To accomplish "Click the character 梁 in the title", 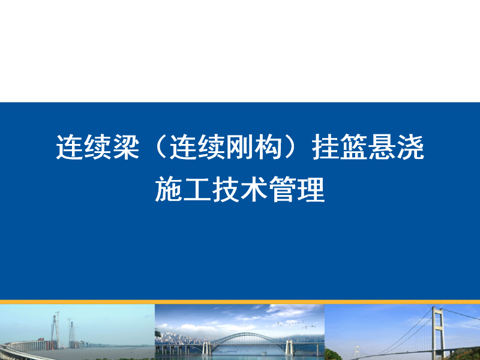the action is click(x=127, y=147).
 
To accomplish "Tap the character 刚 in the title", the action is click(x=240, y=147).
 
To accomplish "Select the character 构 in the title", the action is click(x=268, y=147).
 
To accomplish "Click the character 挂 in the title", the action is click(x=326, y=147).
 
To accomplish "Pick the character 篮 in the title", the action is click(x=354, y=147).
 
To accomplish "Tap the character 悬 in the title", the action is click(x=383, y=147).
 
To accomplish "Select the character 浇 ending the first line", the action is click(x=411, y=147).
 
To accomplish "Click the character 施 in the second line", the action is click(x=169, y=189).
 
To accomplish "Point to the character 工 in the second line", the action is click(x=197, y=190).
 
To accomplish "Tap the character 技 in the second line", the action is click(x=226, y=189).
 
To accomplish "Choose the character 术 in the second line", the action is click(x=254, y=189).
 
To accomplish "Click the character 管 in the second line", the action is click(x=283, y=189).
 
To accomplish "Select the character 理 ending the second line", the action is click(x=311, y=189).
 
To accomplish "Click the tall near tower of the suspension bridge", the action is click(x=438, y=333).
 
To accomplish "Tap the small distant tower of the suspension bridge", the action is click(x=356, y=352).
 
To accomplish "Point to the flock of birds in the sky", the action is click(x=296, y=325).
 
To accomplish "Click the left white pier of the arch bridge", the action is click(x=206, y=348).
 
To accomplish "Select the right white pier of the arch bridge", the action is click(x=289, y=347).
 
